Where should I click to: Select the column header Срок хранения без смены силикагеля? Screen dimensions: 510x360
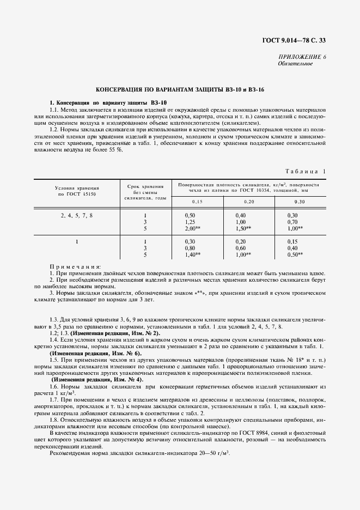[145, 192]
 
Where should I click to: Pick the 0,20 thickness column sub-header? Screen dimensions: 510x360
[234, 202]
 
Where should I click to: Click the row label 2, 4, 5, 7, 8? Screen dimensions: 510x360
[76, 216]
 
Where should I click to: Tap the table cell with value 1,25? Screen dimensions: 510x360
[190, 222]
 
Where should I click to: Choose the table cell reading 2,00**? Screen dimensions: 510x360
[193, 229]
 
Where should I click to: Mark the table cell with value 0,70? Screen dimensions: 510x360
[292, 222]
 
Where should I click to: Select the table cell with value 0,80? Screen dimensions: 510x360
[190, 248]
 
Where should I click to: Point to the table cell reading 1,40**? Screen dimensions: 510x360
[193, 254]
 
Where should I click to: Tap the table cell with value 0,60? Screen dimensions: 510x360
[241, 248]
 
